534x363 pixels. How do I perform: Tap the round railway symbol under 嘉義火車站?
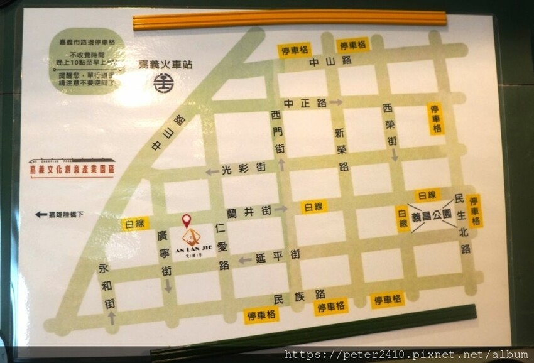pyautogui.click(x=163, y=83)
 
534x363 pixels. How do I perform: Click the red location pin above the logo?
pyautogui.click(x=186, y=220)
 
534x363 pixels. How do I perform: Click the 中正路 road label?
pyautogui.click(x=305, y=102)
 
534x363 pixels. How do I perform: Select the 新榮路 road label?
pyautogui.click(x=342, y=149)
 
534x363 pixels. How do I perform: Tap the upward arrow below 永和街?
pyautogui.click(x=112, y=318)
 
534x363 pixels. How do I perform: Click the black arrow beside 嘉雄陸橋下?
pyautogui.click(x=41, y=214)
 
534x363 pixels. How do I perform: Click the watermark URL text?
pyautogui.click(x=405, y=355)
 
